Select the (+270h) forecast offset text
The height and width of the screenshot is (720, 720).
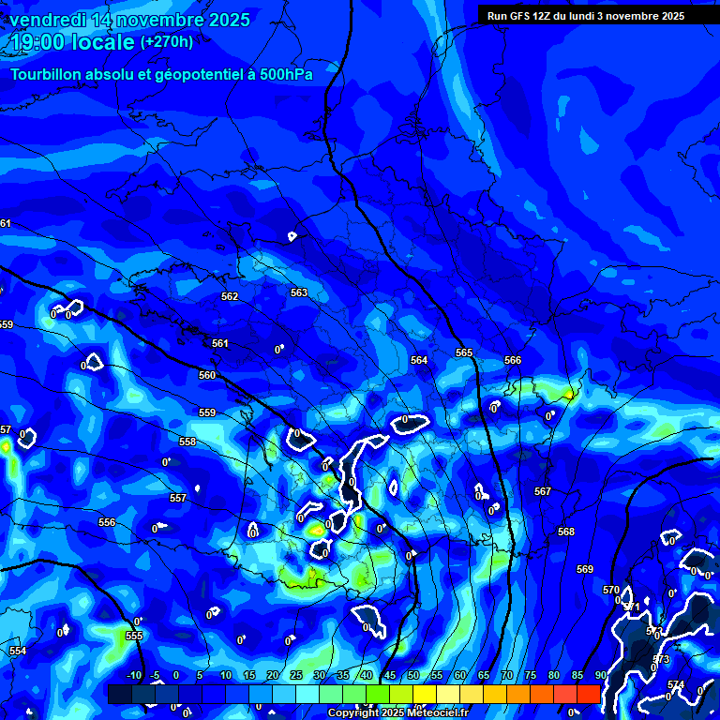167,42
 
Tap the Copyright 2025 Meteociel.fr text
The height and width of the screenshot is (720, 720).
397,712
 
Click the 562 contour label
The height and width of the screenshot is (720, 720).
230,296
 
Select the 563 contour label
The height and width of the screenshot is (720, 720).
299,292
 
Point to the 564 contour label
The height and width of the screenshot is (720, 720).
419,360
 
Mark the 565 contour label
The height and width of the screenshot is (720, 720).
464,352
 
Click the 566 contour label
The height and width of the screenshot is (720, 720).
513,360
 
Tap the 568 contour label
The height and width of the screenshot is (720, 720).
566,532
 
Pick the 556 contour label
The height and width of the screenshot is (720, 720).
107,522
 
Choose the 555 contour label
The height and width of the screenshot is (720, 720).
134,636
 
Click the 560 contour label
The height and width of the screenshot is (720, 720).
207,375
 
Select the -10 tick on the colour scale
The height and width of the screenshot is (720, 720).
133,676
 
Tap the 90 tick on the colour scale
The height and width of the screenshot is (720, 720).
600,676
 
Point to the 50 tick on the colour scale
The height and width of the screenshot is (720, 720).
412,676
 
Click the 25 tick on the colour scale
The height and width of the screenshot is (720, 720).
295,676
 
